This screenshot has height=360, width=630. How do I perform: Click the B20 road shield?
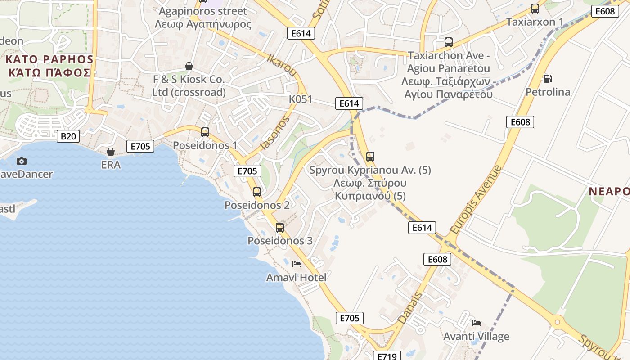click(68, 136)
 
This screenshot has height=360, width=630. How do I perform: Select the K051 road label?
click(301, 99)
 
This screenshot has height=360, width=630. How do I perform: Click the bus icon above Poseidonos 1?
click(205, 132)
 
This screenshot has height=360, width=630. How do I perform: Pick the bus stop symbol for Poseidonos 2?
click(257, 192)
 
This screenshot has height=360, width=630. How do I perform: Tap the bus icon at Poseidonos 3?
click(280, 228)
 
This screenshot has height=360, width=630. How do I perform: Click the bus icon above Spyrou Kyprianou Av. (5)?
click(370, 157)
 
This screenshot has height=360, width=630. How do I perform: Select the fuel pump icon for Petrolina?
click(548, 79)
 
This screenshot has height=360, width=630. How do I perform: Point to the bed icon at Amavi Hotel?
click(297, 264)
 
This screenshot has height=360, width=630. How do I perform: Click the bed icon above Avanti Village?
click(477, 323)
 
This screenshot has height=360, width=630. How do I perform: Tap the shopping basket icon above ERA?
click(111, 152)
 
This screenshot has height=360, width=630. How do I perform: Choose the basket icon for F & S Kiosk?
click(189, 66)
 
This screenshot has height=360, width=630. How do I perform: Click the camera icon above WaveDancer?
click(21, 161)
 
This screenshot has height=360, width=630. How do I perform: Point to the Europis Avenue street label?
click(475, 199)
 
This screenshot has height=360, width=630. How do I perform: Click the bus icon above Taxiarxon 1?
click(535, 9)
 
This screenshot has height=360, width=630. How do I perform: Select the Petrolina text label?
click(548, 92)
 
